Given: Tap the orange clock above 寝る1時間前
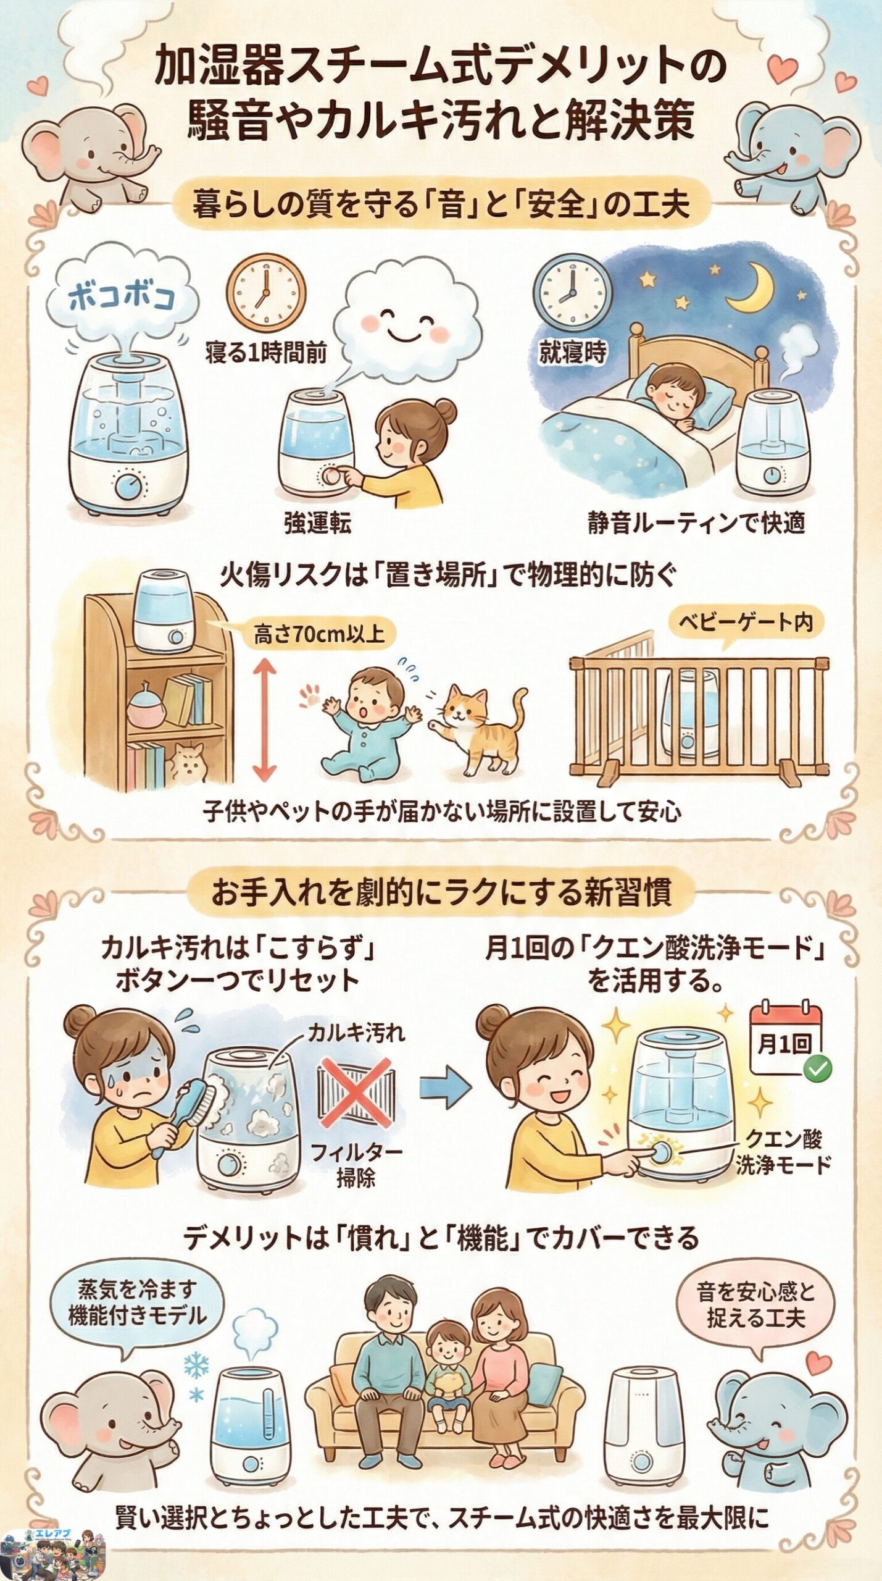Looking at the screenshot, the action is [x=266, y=291].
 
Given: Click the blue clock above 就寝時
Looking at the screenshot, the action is [x=572, y=291].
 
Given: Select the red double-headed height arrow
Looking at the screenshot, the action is [x=264, y=719].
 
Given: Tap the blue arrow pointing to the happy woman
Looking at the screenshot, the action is [x=444, y=1089].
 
